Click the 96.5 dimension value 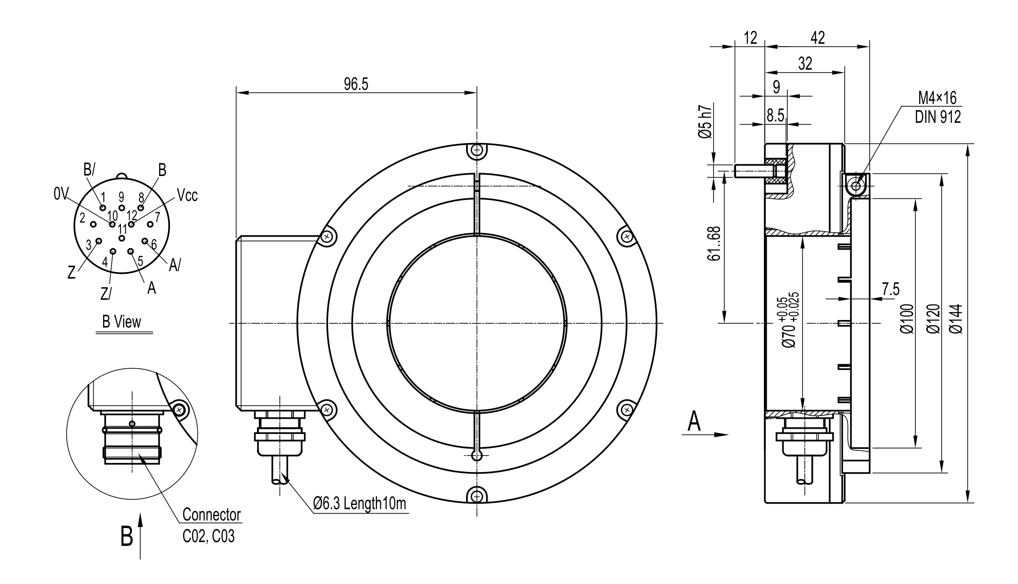[356, 84]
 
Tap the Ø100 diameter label [906, 319]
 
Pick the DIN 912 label [938, 117]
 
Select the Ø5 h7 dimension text [705, 121]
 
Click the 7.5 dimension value [890, 289]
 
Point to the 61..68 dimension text [713, 244]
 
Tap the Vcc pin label [187, 195]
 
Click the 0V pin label [61, 194]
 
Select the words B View [121, 322]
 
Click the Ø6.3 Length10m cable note [360, 504]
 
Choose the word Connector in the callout [211, 515]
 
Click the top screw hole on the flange [477, 151]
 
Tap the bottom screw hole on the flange [477, 496]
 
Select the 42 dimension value [818, 38]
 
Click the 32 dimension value [805, 64]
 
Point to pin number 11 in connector [122, 230]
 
